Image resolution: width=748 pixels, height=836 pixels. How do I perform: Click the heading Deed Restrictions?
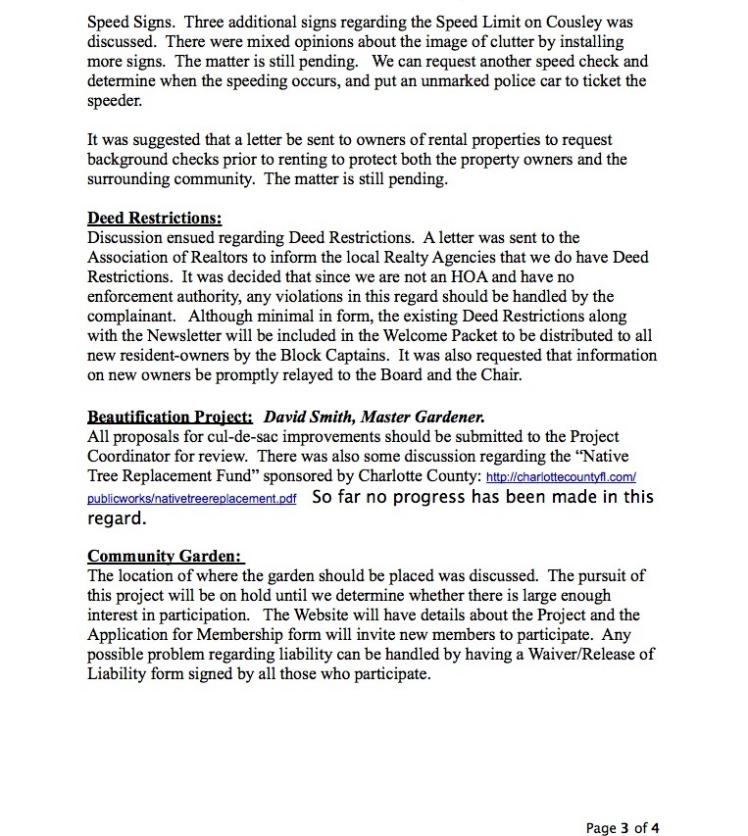(x=155, y=218)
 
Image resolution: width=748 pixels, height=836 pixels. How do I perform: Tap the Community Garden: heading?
(x=164, y=555)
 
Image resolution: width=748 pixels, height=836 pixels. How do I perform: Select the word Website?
(x=333, y=615)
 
